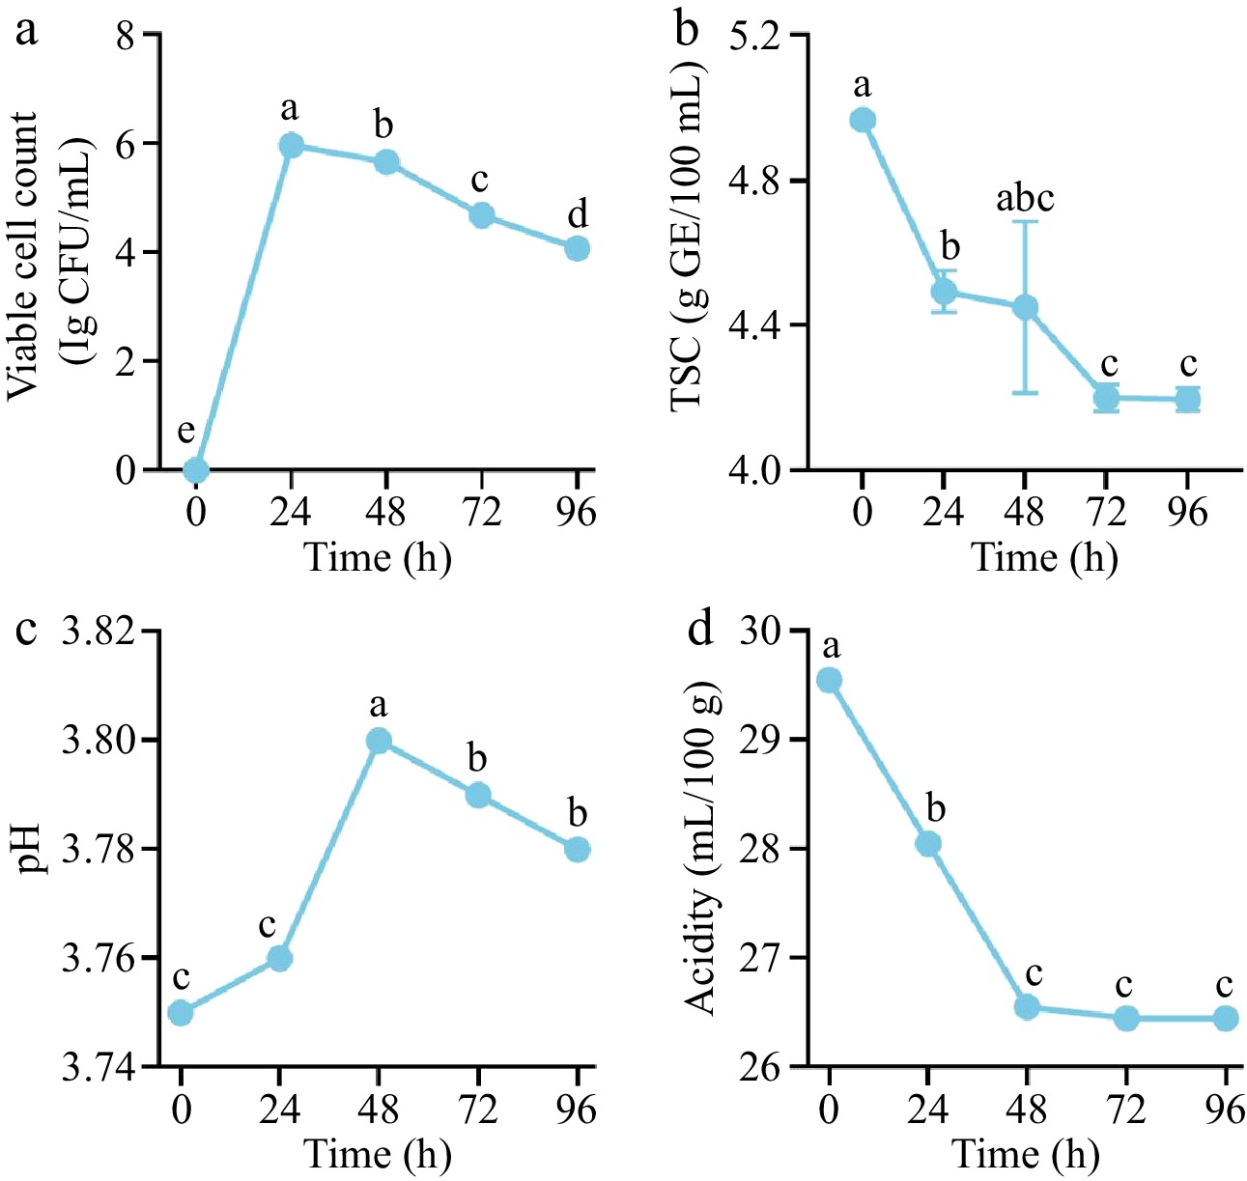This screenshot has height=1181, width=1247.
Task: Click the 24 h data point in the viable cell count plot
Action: coord(291,145)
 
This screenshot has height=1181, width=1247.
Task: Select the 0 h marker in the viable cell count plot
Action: coord(196,469)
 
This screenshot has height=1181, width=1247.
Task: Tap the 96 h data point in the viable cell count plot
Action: coord(577,248)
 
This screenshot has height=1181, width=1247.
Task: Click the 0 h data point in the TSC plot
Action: coord(863,120)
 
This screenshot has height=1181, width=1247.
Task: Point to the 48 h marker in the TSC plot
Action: coord(1025,307)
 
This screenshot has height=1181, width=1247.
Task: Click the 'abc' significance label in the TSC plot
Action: coord(1025,199)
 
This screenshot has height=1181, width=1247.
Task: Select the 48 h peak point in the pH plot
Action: coord(379,741)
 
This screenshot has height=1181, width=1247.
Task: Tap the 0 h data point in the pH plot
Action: coord(180,1013)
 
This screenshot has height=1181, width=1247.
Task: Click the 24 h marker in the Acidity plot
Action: coord(928,843)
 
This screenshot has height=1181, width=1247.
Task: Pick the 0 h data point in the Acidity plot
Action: coord(829,681)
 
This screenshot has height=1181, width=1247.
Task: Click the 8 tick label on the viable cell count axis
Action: coord(125,36)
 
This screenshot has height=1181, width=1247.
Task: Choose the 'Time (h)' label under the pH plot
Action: coord(378,1154)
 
